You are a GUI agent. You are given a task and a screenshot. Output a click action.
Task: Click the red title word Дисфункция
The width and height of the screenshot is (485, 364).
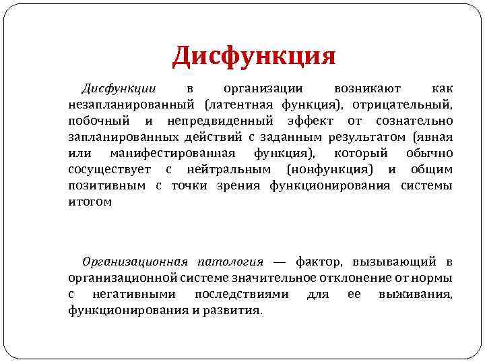254,56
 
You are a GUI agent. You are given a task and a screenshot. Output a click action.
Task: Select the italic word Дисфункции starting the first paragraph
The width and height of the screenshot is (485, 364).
119,89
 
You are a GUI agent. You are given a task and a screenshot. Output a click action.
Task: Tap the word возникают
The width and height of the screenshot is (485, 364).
367,89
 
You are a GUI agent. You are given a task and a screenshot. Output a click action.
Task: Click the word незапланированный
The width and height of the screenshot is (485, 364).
132,104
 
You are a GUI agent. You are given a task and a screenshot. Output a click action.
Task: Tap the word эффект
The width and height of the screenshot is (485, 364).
308,121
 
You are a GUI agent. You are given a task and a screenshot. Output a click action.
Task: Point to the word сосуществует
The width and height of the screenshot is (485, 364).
108,169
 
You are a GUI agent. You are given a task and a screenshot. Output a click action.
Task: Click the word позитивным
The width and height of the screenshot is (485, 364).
106,185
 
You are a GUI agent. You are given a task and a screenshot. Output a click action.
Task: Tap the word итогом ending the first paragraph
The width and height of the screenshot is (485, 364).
90,201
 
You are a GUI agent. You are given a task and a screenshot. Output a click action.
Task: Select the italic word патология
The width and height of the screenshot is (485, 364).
230,262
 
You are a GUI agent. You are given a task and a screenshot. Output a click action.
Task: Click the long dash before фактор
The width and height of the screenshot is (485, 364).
280,262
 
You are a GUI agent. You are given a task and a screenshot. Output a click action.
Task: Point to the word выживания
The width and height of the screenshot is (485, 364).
416,294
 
